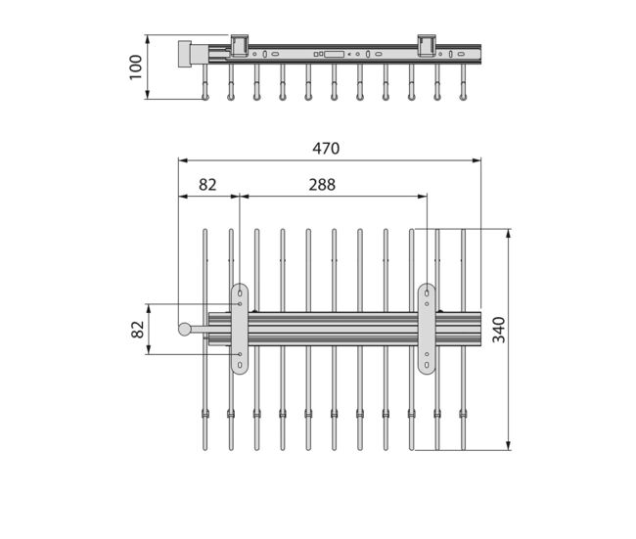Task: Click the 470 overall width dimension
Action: click(326, 149)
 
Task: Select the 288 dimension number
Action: click(322, 185)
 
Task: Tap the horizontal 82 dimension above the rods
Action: click(207, 185)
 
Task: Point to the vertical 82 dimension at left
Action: click(138, 330)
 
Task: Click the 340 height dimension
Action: click(498, 330)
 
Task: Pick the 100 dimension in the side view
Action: click(135, 67)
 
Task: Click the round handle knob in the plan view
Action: click(185, 329)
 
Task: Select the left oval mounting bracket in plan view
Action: click(240, 329)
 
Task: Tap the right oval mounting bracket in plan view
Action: click(427, 329)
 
